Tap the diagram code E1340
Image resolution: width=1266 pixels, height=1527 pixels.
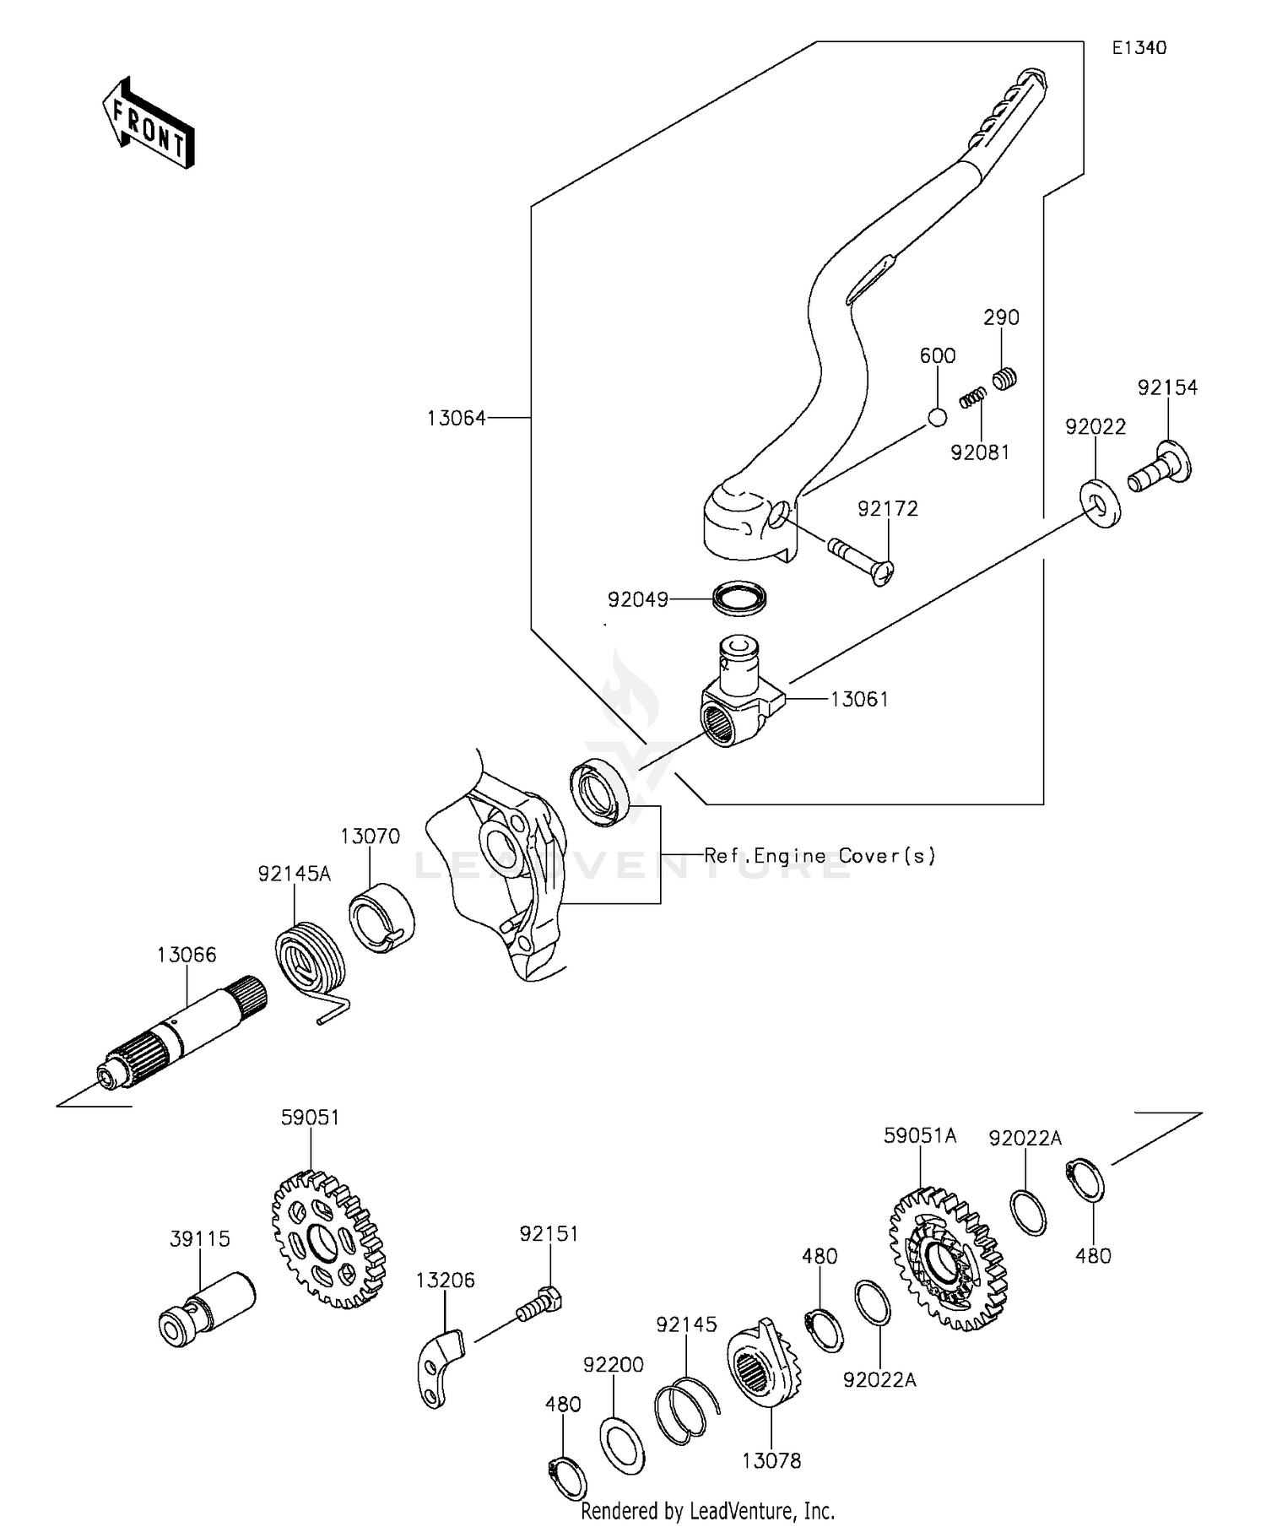(1139, 48)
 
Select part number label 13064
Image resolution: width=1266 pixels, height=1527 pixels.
(456, 418)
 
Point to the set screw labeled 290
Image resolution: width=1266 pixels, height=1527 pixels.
(1004, 380)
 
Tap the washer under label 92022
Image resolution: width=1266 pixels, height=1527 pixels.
(1099, 504)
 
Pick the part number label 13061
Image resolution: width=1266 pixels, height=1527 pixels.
(859, 699)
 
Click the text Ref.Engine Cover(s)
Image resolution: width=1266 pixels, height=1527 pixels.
(820, 856)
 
